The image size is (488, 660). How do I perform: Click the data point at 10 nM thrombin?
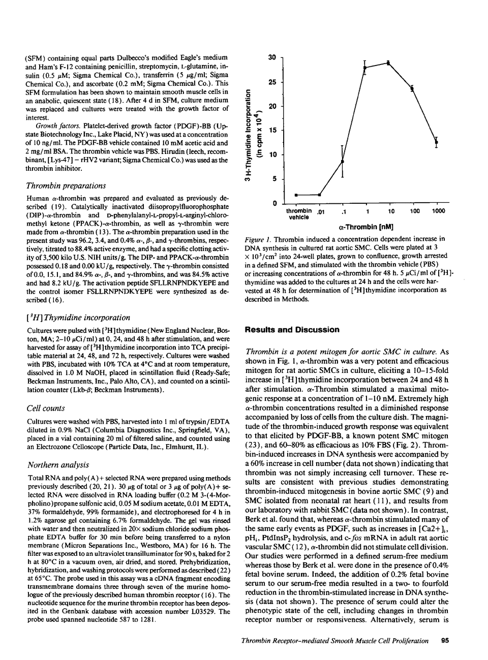(389, 62)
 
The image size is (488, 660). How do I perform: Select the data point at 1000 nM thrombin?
(436, 142)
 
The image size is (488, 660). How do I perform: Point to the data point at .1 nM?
(342, 162)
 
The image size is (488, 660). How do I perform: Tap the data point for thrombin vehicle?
(296, 195)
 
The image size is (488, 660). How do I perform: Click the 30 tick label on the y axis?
(271, 57)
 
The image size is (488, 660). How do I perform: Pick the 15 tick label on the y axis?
(271, 131)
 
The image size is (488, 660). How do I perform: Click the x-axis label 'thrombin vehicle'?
(299, 214)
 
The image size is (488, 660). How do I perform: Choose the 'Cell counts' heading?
(47, 408)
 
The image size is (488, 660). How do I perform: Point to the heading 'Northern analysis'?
(58, 464)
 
